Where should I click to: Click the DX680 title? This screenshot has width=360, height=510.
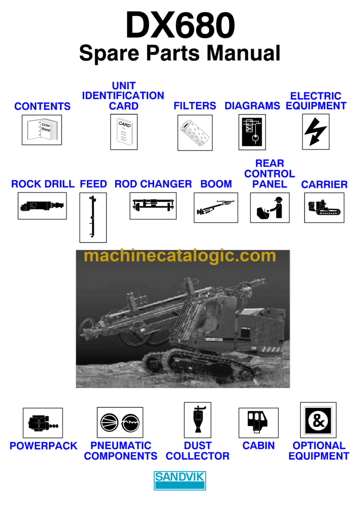[180, 26]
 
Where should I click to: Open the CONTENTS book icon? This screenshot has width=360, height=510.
[42, 129]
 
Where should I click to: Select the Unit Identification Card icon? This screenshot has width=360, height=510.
[124, 132]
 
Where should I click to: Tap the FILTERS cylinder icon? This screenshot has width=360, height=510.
[195, 132]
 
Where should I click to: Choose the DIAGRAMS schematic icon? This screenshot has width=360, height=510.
[252, 132]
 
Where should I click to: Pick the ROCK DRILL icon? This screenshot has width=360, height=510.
[42, 206]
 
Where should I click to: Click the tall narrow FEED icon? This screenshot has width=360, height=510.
[93, 217]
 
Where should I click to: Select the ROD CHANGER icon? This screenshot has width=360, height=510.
[153, 205]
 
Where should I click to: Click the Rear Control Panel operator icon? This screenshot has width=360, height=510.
[270, 207]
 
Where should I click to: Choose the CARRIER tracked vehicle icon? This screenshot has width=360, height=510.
[324, 207]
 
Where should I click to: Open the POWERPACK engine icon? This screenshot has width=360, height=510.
[43, 422]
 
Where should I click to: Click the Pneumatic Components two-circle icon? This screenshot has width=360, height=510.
[120, 422]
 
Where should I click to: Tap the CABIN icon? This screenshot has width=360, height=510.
[258, 422]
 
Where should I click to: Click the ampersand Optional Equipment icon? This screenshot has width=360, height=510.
[318, 419]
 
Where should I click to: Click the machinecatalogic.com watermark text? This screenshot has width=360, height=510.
[180, 256]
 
